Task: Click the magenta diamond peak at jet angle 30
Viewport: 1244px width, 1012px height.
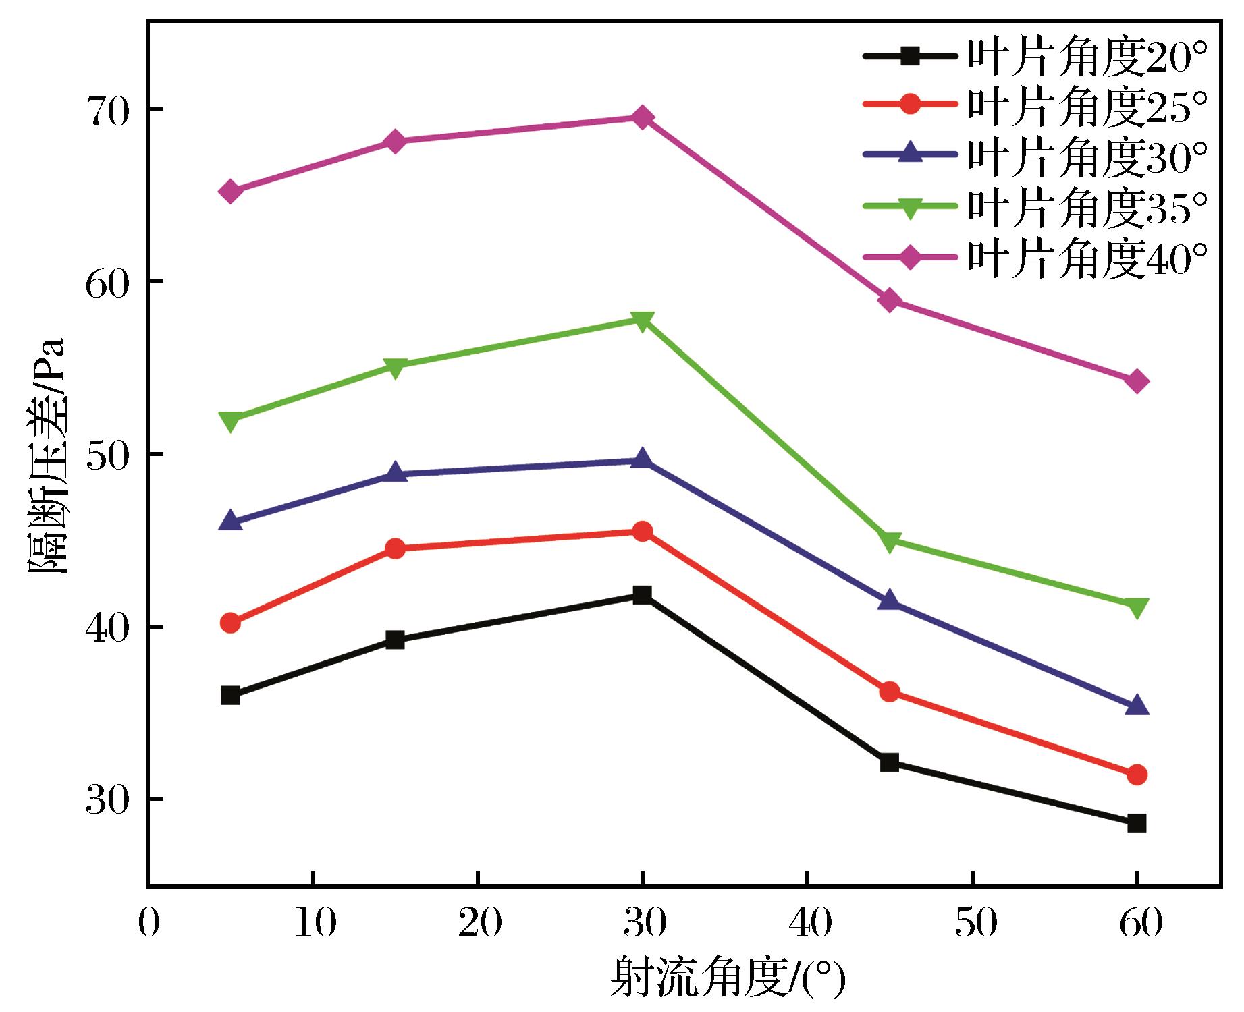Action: (642, 118)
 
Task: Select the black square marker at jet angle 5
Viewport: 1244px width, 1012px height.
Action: (230, 696)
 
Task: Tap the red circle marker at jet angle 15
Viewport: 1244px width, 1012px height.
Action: (396, 549)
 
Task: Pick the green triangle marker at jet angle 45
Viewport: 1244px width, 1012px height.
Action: (890, 541)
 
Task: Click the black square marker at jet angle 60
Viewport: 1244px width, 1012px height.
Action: (1137, 823)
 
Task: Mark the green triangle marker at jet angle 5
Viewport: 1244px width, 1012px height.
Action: (230, 421)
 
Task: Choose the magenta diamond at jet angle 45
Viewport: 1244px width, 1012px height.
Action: (890, 300)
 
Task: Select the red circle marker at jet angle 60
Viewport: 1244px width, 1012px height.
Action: (1137, 775)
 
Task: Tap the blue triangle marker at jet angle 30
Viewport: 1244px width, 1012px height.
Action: (642, 460)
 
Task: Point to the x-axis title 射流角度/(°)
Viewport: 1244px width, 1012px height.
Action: (728, 978)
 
